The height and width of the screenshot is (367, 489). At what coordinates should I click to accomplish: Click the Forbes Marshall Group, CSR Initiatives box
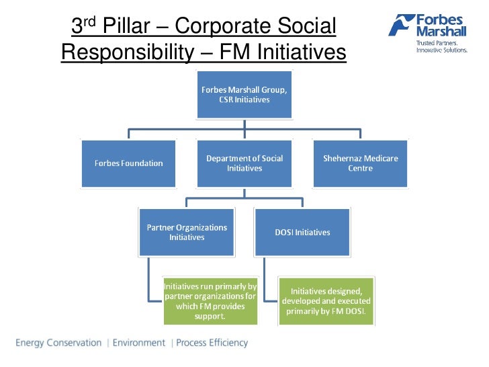point(244,95)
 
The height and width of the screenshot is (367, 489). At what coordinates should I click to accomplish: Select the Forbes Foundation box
point(128,163)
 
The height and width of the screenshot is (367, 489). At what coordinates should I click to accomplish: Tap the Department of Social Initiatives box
point(244,163)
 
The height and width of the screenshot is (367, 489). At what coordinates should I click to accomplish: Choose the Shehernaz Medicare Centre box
point(360,163)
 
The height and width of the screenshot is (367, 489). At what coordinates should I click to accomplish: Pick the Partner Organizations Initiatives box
point(187,233)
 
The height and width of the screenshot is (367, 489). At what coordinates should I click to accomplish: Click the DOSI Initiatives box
point(303,233)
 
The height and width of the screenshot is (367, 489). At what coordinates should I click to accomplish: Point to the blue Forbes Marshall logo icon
point(400,26)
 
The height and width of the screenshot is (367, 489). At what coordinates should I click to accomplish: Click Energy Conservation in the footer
point(58,343)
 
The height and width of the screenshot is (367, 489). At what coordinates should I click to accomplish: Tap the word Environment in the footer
point(138,343)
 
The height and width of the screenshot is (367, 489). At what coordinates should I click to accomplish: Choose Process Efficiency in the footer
point(212,343)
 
